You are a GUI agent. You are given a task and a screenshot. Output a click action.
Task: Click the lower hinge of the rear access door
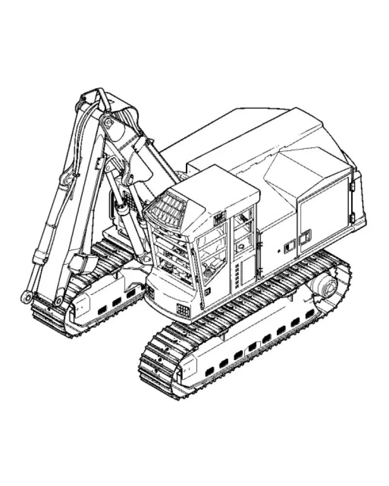(352, 218)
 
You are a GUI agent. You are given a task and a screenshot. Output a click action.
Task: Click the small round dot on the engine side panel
(279, 251)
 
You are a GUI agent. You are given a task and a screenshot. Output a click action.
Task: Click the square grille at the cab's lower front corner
(183, 310)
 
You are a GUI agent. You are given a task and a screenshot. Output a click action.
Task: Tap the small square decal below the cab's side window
(207, 291)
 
